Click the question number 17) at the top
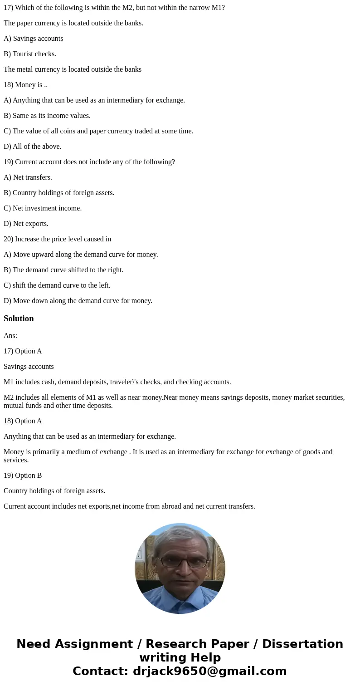pyautogui.click(x=9, y=8)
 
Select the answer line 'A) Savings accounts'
pyautogui.click(x=34, y=39)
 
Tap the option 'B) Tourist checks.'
pyautogui.click(x=30, y=54)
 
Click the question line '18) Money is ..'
pyautogui.click(x=26, y=85)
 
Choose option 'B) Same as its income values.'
pyautogui.click(x=47, y=116)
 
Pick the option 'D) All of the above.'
pyautogui.click(x=33, y=147)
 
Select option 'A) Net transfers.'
pyautogui.click(x=28, y=177)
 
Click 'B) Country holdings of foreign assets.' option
pyautogui.click(x=59, y=193)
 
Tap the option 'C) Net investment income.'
pyautogui.click(x=43, y=208)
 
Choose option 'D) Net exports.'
pyautogui.click(x=26, y=224)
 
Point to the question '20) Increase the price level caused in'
pyautogui.click(x=58, y=239)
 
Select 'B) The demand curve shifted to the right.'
pyautogui.click(x=63, y=270)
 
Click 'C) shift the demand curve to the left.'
pyautogui.click(x=57, y=285)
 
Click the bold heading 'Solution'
pyautogui.click(x=19, y=319)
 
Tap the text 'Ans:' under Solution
pyautogui.click(x=10, y=336)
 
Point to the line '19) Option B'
pyautogui.click(x=23, y=475)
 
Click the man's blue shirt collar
pyautogui.click(x=181, y=590)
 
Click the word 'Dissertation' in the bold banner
pyautogui.click(x=302, y=644)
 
